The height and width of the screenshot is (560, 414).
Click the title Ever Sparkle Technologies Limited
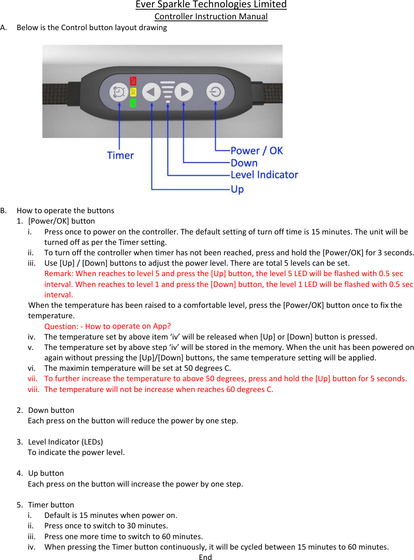211,5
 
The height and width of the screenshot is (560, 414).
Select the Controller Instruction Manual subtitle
211,17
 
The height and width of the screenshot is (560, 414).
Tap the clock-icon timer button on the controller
119,92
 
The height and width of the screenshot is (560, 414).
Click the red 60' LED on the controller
133,81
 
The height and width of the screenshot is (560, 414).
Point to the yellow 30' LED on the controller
133,92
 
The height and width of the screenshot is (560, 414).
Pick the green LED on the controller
133,103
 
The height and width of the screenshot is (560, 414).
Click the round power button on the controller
215,92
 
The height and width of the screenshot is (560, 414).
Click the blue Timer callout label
120,155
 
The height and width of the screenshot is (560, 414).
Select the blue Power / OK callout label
256,151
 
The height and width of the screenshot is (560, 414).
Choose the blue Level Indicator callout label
264,175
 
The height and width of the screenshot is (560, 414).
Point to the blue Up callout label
237,189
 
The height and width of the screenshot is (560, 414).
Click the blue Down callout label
244,163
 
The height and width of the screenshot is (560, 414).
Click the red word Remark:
59,274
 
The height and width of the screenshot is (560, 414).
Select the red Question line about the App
107,326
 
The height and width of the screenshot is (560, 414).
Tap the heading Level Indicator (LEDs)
65,442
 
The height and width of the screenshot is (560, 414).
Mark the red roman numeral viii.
33,389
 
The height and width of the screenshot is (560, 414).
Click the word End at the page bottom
205,557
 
